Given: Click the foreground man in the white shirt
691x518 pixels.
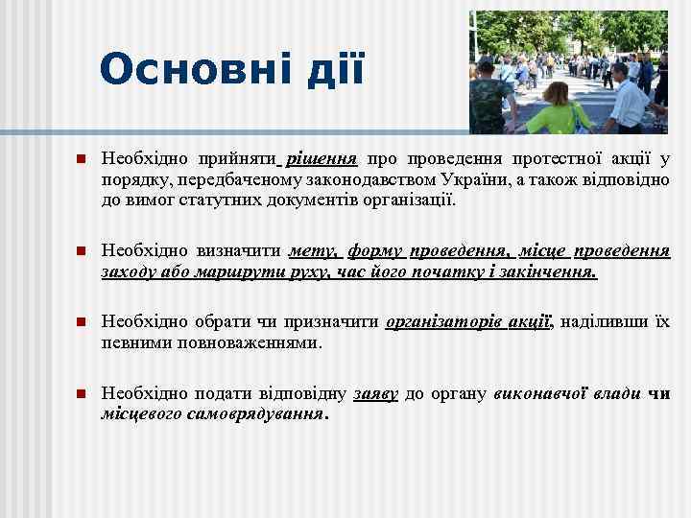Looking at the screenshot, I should pyautogui.click(x=629, y=98).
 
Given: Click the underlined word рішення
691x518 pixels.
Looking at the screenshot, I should pyautogui.click(x=322, y=158).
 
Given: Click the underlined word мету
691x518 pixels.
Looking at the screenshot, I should pyautogui.click(x=313, y=250).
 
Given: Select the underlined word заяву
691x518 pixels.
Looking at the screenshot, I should pyautogui.click(x=375, y=393).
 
